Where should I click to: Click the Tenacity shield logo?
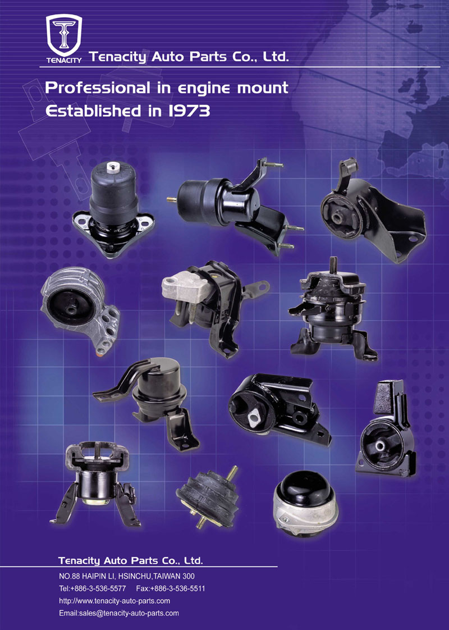(x=64, y=35)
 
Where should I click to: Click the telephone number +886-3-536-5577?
(x=98, y=588)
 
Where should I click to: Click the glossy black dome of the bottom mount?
(x=306, y=489)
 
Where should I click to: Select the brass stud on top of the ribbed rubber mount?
(x=232, y=473)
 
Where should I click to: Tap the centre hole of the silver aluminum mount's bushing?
(x=72, y=310)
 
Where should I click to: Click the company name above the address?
(x=131, y=560)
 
